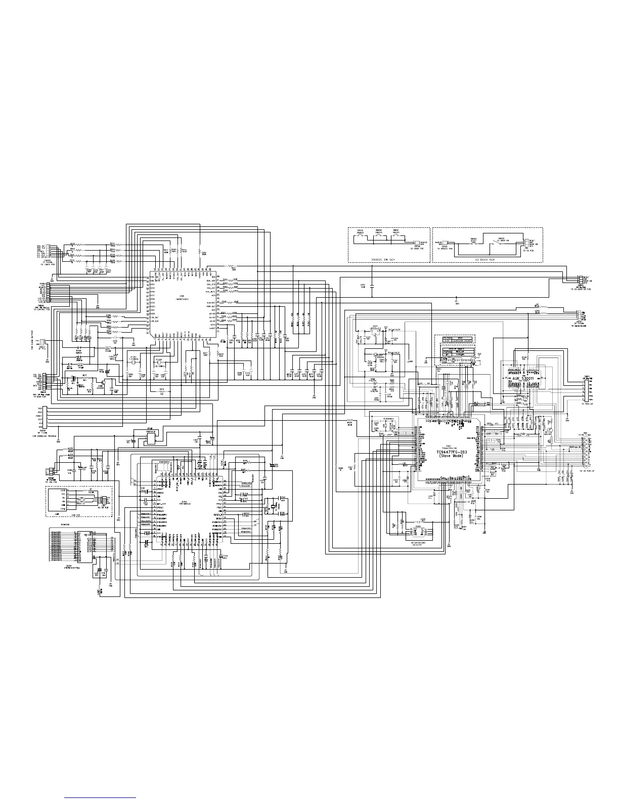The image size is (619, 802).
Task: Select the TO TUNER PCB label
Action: [47, 265]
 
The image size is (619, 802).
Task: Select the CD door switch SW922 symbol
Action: [501, 243]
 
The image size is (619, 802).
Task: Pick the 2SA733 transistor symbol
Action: [551, 428]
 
